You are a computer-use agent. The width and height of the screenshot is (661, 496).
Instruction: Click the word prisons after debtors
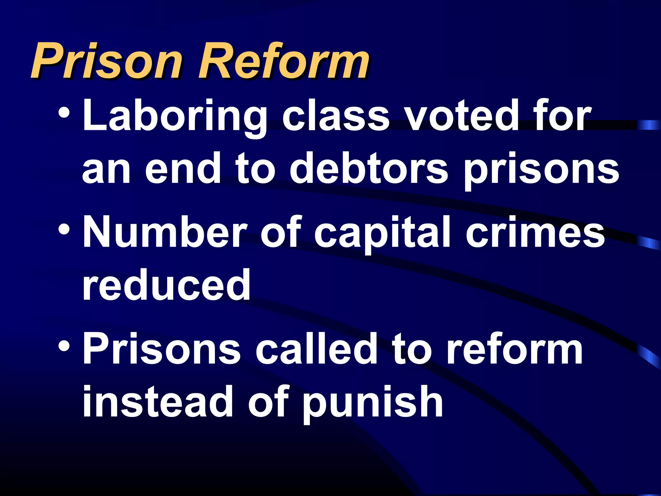point(541,171)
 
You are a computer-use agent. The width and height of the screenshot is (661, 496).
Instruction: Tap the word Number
point(165,232)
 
